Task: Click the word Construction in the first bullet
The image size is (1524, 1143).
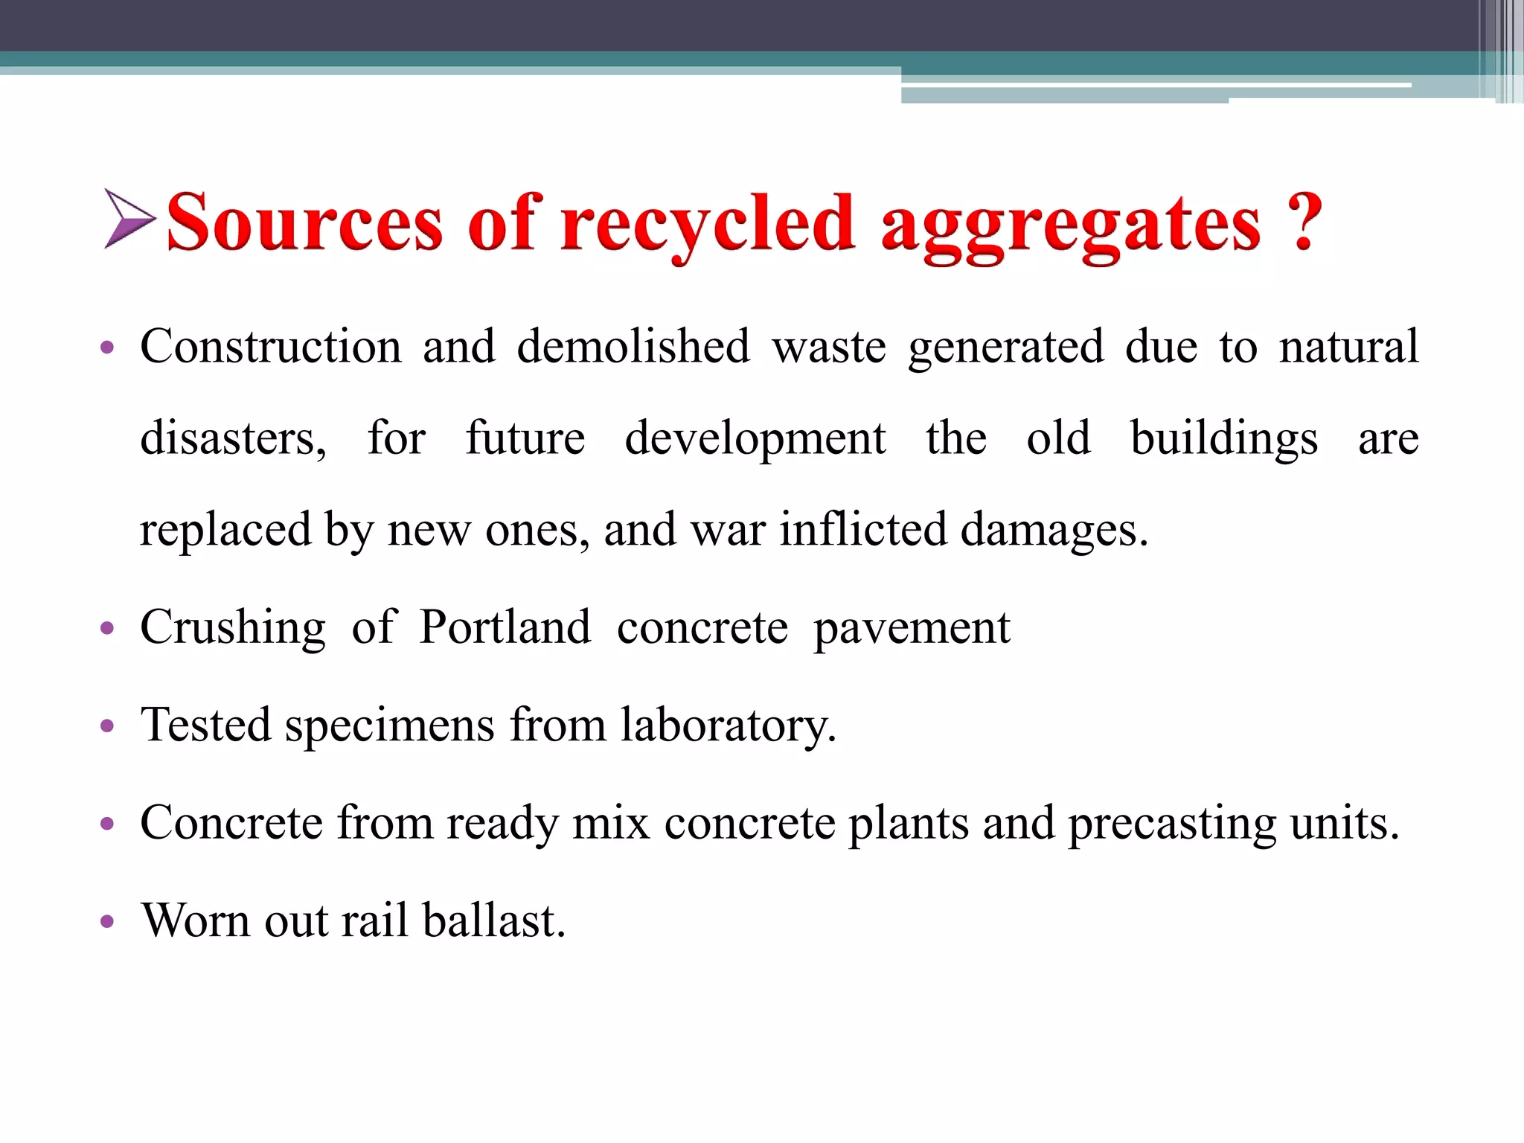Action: click(271, 347)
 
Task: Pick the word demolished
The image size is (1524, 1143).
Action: click(633, 347)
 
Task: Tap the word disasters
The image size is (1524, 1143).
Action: click(233, 438)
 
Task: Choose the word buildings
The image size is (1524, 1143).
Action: click(1224, 438)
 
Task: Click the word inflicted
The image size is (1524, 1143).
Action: click(863, 530)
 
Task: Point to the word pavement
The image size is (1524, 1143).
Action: click(912, 629)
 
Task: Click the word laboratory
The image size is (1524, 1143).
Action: click(728, 726)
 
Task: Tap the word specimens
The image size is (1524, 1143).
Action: click(389, 726)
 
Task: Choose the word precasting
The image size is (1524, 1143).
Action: click(1172, 824)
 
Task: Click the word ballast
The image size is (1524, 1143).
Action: click(494, 921)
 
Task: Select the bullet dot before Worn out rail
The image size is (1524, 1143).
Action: click(107, 922)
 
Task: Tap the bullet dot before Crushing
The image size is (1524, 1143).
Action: click(107, 629)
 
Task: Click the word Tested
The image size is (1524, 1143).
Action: click(206, 725)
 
